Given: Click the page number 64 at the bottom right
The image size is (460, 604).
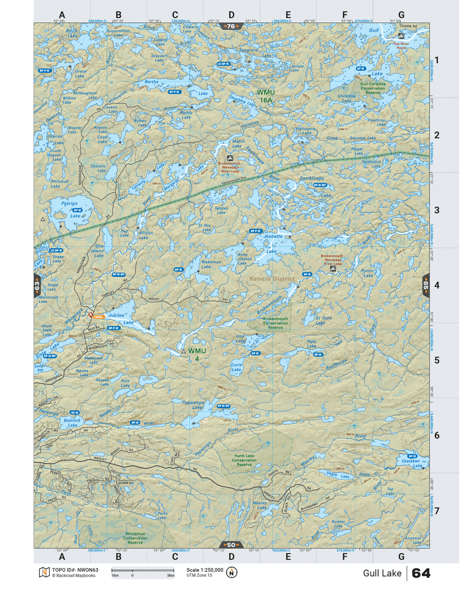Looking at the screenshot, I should [x=421, y=573].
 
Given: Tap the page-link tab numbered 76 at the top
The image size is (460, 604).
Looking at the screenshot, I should [x=231, y=26].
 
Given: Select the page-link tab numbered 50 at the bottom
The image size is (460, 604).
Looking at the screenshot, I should [x=231, y=545].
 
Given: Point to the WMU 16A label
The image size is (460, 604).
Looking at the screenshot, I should [x=266, y=96].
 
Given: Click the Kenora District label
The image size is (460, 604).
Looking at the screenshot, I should [x=272, y=279].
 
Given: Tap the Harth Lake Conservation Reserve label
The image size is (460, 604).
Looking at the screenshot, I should [x=244, y=460].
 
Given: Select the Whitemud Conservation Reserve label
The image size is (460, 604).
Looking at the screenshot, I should [x=135, y=538].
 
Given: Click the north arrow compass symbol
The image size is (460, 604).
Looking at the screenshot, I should [x=232, y=572].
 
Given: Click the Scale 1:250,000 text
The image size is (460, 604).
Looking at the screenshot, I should [x=205, y=570].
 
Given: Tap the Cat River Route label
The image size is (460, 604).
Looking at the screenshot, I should [x=401, y=45].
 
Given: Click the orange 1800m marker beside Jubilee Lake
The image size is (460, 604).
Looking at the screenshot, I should [x=98, y=317].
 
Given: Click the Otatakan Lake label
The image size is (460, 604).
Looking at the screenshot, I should [x=411, y=463].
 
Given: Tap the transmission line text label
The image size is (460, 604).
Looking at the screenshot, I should [x=234, y=180].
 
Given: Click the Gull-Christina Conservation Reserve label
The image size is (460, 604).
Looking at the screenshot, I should [x=373, y=88].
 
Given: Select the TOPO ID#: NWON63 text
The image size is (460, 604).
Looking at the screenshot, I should [x=75, y=570].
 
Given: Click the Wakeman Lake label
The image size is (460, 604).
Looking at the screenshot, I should [x=211, y=264].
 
